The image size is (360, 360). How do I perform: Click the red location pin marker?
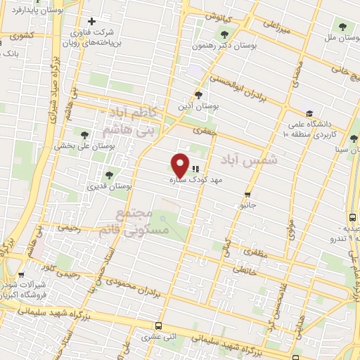[x=181, y=165]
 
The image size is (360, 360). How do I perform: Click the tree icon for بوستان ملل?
[x=342, y=27]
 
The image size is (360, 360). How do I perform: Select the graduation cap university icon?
[x=309, y=113]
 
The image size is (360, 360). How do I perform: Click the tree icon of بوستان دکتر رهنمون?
[x=224, y=34]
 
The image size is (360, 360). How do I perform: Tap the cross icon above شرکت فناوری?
[x=91, y=22]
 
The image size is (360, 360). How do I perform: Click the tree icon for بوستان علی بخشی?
[x=86, y=135]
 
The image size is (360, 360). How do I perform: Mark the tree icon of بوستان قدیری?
[x=108, y=176]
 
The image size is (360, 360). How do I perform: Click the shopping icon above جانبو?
[x=247, y=195]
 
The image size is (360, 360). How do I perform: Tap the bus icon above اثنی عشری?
[x=158, y=326]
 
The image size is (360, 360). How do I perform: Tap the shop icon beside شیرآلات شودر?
[x=22, y=276]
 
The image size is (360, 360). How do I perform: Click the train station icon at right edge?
[x=354, y=218]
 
